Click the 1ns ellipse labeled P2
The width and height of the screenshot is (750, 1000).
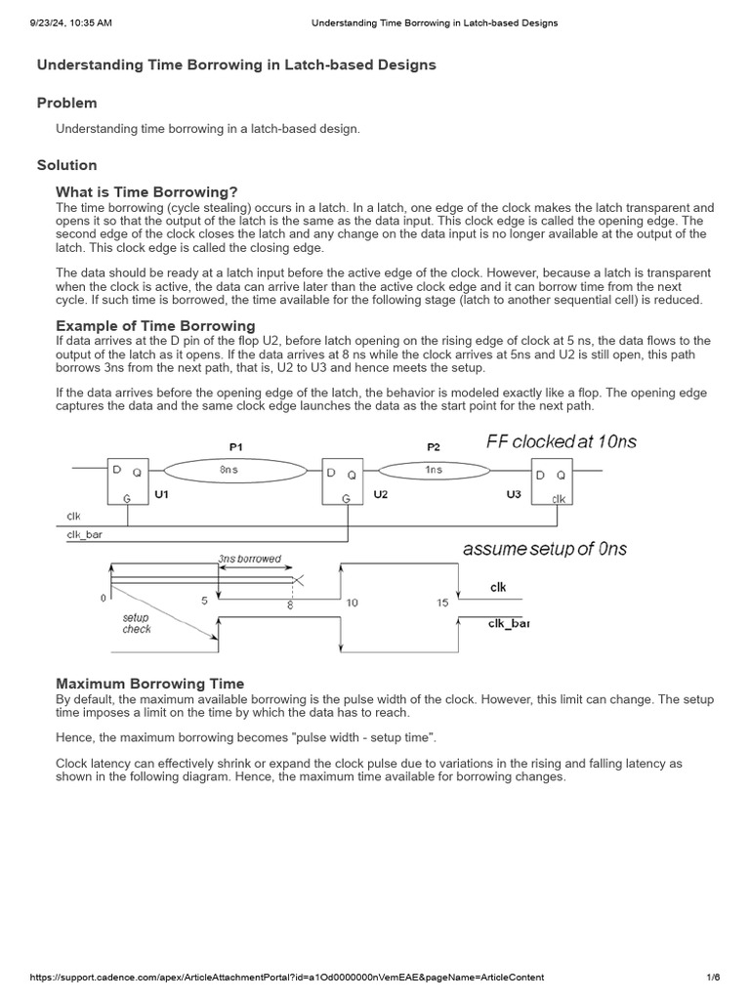click(x=434, y=471)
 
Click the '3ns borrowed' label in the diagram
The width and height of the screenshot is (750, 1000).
click(x=249, y=560)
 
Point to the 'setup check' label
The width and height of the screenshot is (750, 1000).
click(x=136, y=623)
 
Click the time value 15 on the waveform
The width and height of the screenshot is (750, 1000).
click(x=442, y=603)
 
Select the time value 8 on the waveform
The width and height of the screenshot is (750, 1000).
click(x=289, y=605)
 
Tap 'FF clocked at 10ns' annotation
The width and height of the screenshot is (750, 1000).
click(x=561, y=441)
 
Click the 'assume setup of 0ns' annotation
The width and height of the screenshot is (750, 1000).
click(x=544, y=549)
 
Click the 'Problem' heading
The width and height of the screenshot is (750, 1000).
click(x=66, y=103)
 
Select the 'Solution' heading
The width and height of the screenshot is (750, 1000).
click(x=66, y=165)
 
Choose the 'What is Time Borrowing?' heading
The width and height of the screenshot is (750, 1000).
click(x=146, y=191)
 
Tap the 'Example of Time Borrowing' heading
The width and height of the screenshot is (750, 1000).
click(x=155, y=325)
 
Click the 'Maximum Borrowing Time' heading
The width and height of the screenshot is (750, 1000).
click(x=149, y=684)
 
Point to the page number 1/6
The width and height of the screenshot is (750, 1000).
click(x=713, y=978)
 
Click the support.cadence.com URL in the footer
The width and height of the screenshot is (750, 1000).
click(x=286, y=978)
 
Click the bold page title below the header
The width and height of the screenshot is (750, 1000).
click(x=236, y=64)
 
